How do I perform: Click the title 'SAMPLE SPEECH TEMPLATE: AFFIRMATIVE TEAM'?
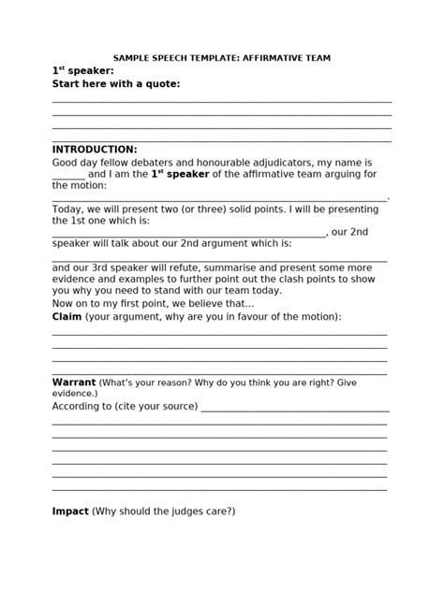[222, 57]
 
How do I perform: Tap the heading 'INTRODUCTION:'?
[94, 150]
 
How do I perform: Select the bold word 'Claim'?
[67, 317]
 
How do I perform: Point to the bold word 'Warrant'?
[73, 382]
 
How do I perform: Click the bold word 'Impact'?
[70, 512]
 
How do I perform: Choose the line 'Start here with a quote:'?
[115, 84]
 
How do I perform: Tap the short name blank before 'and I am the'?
[67, 175]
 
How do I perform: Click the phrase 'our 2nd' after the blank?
[350, 232]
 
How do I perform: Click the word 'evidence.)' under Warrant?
[75, 394]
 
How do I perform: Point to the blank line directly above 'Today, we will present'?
[219, 198]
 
